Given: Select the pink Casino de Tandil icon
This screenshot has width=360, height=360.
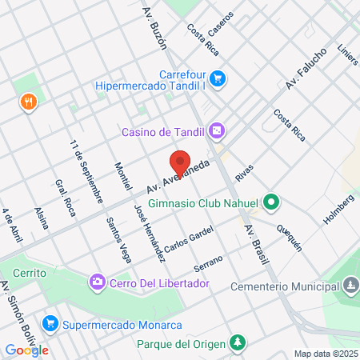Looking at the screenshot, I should [216, 130].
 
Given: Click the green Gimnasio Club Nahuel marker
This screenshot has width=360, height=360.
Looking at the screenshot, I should [271, 202].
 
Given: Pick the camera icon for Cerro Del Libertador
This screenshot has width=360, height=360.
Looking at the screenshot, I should [97, 282].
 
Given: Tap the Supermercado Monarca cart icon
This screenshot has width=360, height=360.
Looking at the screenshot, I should [50, 324].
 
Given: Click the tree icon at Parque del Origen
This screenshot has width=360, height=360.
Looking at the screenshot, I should [237, 343].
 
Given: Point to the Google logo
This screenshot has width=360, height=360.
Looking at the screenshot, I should [26, 350].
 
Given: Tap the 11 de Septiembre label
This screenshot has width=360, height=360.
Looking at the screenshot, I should [86, 170].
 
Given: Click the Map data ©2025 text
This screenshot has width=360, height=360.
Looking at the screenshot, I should [324, 353].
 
